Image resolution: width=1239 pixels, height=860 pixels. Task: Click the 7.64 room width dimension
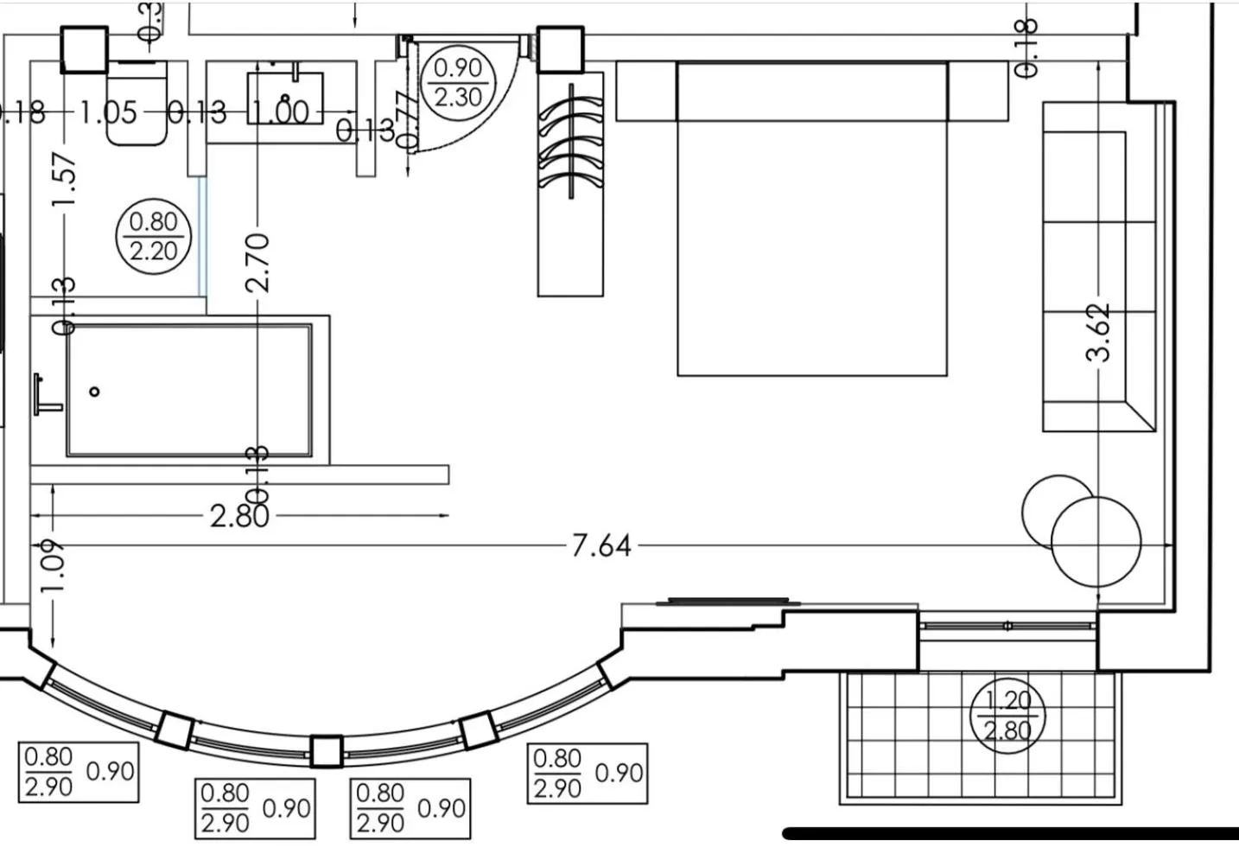pyautogui.click(x=601, y=546)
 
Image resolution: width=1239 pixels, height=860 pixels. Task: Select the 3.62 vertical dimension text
pyautogui.click(x=1099, y=332)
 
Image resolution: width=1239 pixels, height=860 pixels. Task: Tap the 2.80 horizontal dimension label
pyautogui.click(x=239, y=516)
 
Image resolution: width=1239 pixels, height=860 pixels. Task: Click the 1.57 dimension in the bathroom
pyautogui.click(x=65, y=180)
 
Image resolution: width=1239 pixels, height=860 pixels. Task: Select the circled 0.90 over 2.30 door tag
pyautogui.click(x=457, y=82)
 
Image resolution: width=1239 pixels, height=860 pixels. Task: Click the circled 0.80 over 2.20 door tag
pyautogui.click(x=153, y=236)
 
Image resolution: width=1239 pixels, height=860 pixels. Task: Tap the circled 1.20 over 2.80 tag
pyautogui.click(x=1007, y=716)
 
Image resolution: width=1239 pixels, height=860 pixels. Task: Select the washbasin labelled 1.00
pyautogui.click(x=285, y=97)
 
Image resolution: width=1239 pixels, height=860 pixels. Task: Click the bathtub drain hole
pyautogui.click(x=94, y=392)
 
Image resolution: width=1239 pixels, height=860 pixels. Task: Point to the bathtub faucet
pyautogui.click(x=43, y=393)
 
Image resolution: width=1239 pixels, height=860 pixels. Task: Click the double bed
pyautogui.click(x=811, y=233)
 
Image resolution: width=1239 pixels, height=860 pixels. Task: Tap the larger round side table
pyautogui.click(x=1096, y=542)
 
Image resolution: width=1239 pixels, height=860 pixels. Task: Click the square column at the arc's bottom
pyautogui.click(x=326, y=751)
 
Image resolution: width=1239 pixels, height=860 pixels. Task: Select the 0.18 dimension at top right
pyautogui.click(x=1026, y=48)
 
